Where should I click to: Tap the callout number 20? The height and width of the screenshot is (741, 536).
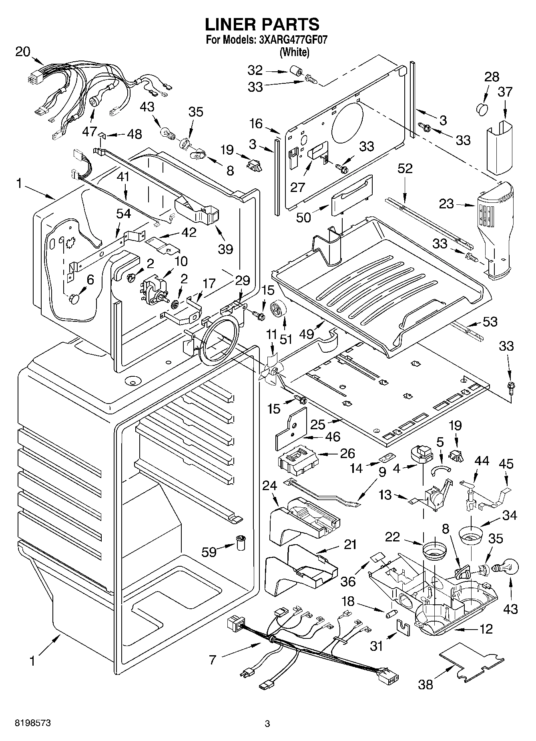23,52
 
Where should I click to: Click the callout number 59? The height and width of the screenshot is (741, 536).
209,552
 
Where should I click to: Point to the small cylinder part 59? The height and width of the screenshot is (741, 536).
241,543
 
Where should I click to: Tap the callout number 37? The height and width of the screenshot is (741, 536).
505,92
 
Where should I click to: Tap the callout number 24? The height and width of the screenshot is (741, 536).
269,485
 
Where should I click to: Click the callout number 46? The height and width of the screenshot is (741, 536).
333,436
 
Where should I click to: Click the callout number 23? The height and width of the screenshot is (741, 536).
446,204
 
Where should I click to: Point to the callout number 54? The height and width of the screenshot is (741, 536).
123,214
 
